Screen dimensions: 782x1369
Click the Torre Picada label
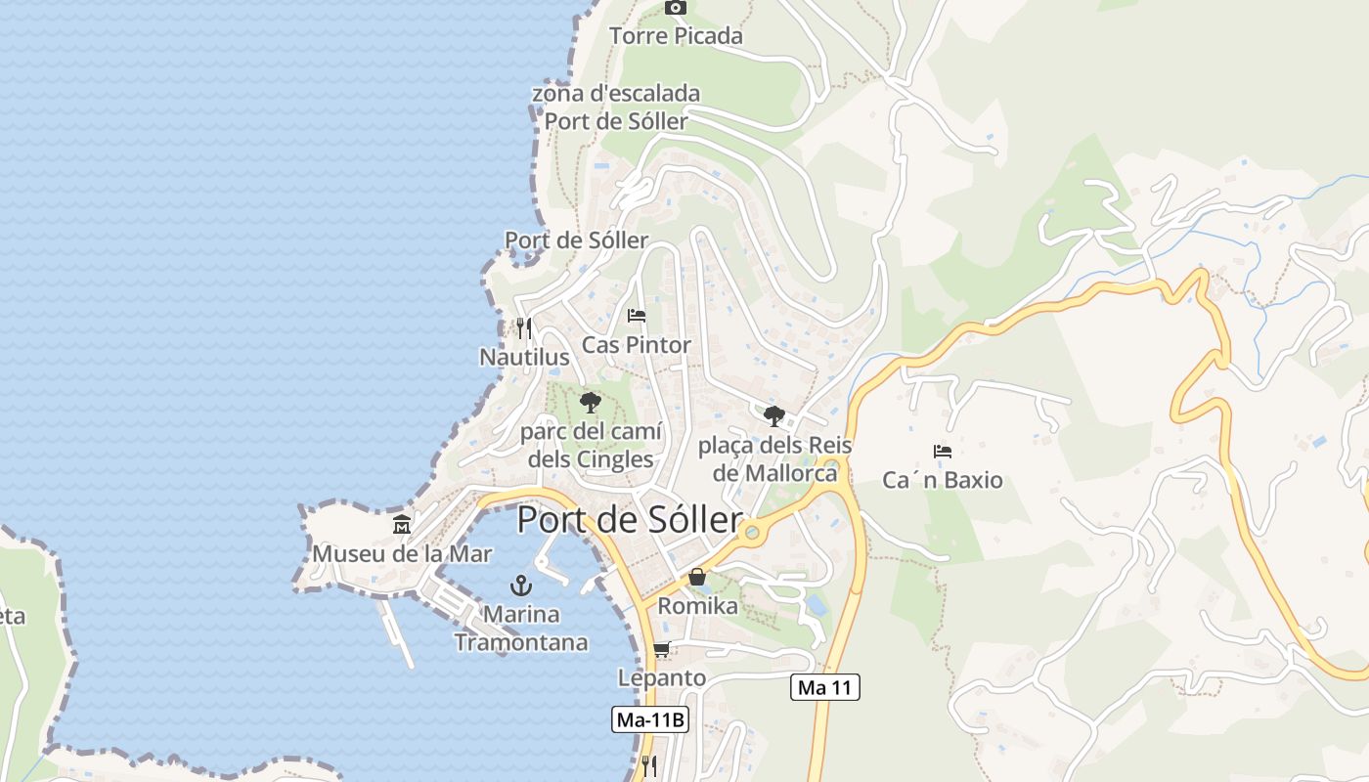(676, 36)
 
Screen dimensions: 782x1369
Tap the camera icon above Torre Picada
(676, 8)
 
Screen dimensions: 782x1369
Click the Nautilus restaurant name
(524, 358)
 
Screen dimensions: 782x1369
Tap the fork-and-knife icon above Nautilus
(524, 327)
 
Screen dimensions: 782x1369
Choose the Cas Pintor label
(637, 345)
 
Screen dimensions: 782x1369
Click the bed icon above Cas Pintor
(637, 316)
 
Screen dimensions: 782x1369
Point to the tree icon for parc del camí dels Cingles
(590, 402)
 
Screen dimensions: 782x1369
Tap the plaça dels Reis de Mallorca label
(774, 459)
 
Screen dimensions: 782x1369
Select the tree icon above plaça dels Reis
(774, 416)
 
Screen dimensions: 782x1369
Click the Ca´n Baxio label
(943, 480)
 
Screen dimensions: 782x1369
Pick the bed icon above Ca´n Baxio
(943, 451)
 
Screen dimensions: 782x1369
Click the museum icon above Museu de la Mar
(402, 525)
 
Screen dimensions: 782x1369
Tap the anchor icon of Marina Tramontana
(521, 586)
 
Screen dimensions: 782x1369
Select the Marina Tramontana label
(521, 629)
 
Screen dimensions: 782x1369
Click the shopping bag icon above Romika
(697, 577)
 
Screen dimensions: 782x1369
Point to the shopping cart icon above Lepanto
(662, 649)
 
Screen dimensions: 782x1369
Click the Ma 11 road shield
(824, 687)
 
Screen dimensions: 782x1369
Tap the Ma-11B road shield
(650, 720)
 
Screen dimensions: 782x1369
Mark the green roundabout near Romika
(751, 533)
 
